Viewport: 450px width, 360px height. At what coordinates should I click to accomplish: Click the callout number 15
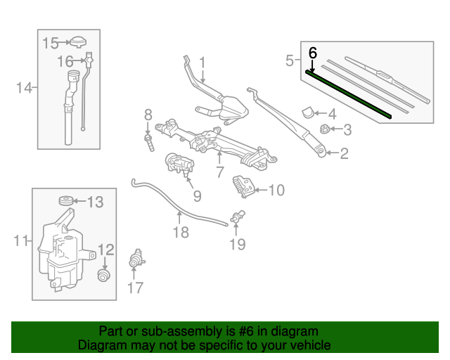pyautogui.click(x=50, y=43)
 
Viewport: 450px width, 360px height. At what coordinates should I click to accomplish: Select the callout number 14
pyautogui.click(x=25, y=88)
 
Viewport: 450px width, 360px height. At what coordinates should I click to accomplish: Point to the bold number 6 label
pyautogui.click(x=313, y=52)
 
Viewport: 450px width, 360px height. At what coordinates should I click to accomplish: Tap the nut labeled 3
pyautogui.click(x=326, y=129)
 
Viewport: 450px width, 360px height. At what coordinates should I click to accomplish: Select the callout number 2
pyautogui.click(x=344, y=153)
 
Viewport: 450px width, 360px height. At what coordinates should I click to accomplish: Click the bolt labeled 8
pyautogui.click(x=150, y=140)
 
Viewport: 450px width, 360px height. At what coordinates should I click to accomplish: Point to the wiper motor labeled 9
pyautogui.click(x=179, y=166)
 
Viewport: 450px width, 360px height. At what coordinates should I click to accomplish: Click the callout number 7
pyautogui.click(x=219, y=171)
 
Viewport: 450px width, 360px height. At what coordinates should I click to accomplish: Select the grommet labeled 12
pyautogui.click(x=104, y=275)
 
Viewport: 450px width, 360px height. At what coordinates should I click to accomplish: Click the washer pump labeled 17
pyautogui.click(x=134, y=260)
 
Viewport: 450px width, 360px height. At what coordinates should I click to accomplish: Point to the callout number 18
pyautogui.click(x=181, y=231)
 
